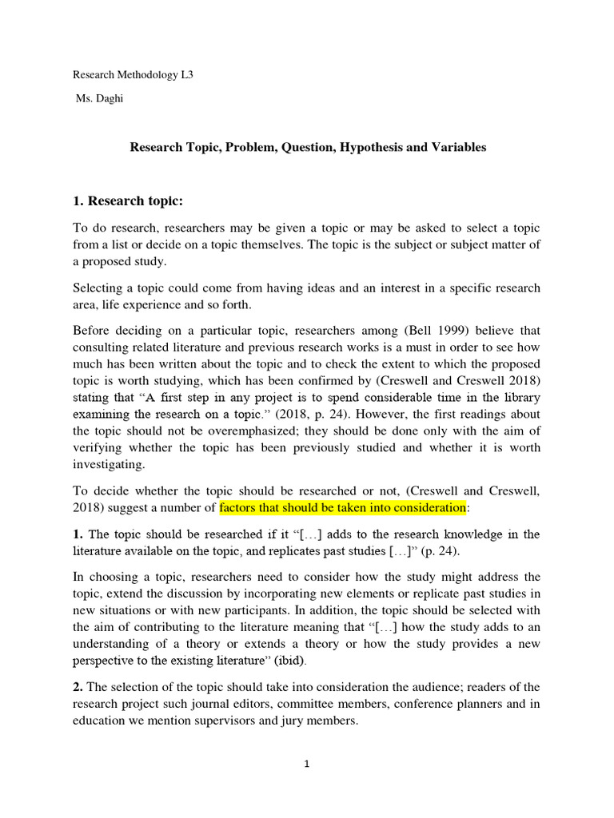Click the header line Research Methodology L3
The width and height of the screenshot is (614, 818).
point(133,75)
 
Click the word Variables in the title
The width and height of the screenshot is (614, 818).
point(457,148)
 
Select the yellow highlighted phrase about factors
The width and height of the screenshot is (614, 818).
point(342,507)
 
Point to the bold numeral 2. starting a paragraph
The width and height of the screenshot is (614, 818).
point(78,686)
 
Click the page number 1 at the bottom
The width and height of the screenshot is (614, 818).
point(307,764)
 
